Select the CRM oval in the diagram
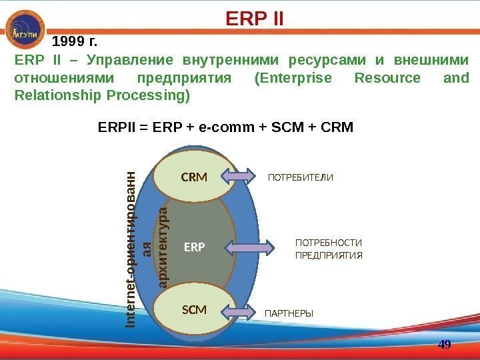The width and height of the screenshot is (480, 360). (x=195, y=178)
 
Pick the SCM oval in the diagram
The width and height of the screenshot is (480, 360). (x=194, y=310)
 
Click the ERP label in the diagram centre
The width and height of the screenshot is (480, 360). (x=195, y=247)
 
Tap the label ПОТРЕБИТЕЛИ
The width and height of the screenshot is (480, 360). (x=300, y=178)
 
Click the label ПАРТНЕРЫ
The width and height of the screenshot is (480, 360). (x=289, y=313)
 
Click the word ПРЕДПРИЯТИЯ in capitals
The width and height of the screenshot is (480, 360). (x=329, y=255)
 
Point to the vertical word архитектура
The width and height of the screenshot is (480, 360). (x=163, y=248)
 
